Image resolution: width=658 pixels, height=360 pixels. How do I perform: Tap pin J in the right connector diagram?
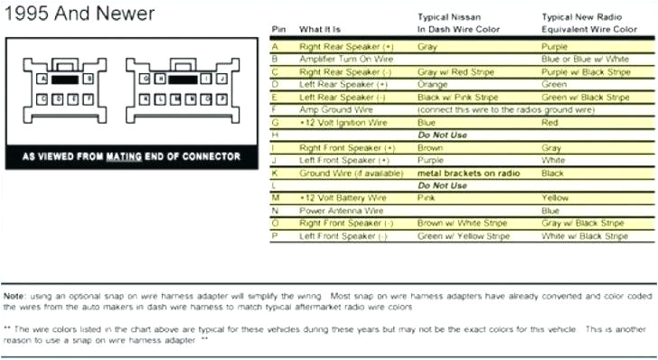click(219, 79)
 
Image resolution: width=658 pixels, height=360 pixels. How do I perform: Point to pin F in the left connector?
click(88, 96)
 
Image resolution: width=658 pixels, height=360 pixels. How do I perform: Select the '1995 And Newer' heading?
click(79, 14)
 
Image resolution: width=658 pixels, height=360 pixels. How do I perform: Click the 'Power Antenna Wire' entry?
click(336, 210)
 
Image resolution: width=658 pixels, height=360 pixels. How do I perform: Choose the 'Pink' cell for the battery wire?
click(427, 197)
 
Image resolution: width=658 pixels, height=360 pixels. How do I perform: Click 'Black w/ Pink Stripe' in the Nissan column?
click(456, 96)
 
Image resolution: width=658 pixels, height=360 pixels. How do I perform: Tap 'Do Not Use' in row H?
click(442, 134)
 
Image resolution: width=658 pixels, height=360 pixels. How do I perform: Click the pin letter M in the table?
click(276, 197)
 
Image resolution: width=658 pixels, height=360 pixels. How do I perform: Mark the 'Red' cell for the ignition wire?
click(549, 121)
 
